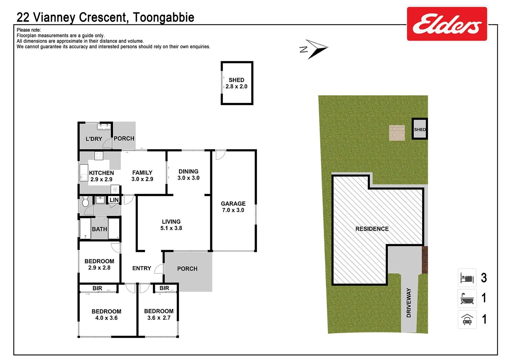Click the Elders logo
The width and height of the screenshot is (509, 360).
[447, 24]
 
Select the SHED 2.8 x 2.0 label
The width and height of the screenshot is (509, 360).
[236, 83]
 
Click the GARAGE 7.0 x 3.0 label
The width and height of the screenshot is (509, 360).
[233, 207]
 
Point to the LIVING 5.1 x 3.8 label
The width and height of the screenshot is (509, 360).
[171, 225]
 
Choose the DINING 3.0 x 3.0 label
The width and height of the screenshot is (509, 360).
[188, 175]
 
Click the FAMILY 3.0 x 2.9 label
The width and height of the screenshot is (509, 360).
[142, 176]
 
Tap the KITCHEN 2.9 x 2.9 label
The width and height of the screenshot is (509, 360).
[101, 176]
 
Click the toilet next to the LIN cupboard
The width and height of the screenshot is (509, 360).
[85, 201]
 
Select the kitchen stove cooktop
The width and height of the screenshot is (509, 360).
[99, 155]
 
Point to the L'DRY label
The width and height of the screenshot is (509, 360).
[94, 139]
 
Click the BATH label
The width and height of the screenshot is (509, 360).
[99, 229]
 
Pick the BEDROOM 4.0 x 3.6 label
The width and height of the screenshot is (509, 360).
[106, 315]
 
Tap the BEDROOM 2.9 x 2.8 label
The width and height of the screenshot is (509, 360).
[99, 264]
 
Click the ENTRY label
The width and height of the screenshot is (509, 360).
[142, 268]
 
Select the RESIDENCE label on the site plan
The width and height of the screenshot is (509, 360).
[372, 229]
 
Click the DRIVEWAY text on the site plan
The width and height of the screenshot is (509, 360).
[409, 303]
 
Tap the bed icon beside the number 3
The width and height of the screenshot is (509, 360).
[467, 278]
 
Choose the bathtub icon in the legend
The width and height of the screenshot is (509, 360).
[467, 298]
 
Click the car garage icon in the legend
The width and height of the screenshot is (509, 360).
[467, 319]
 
